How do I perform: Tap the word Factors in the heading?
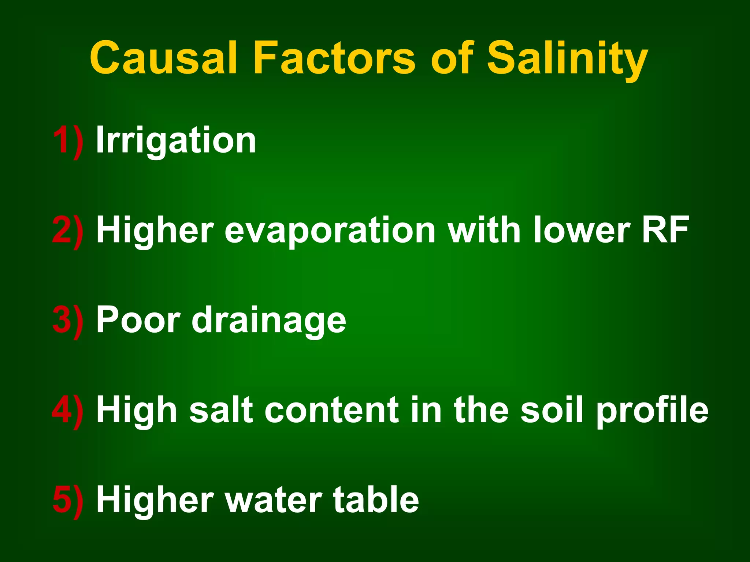pyautogui.click(x=334, y=58)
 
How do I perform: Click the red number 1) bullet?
pyautogui.click(x=68, y=141)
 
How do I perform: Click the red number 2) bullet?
pyautogui.click(x=68, y=231)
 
